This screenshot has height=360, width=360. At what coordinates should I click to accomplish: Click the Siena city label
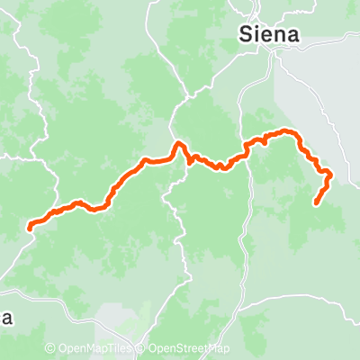(x=270, y=34)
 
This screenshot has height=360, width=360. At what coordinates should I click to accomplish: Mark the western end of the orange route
(x=30, y=227)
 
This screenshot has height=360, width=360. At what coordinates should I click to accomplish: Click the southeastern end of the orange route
(x=316, y=203)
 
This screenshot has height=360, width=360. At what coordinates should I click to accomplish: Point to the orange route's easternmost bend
(x=330, y=173)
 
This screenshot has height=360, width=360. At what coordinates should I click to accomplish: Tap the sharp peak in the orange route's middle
(x=179, y=143)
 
